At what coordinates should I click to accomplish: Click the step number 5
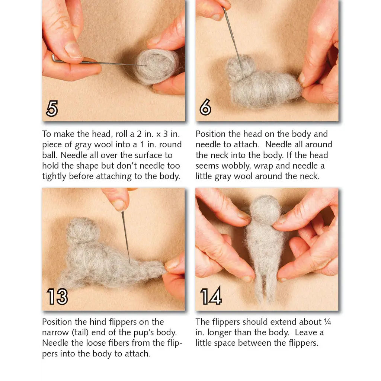tap(52, 109)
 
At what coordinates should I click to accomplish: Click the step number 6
tap(205, 108)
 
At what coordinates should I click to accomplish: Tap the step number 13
tap(57, 297)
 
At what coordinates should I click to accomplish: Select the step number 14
tap(211, 296)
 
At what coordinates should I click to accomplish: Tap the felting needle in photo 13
tap(125, 238)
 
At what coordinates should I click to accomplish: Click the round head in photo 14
tap(265, 209)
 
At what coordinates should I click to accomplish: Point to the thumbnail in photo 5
tap(73, 50)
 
